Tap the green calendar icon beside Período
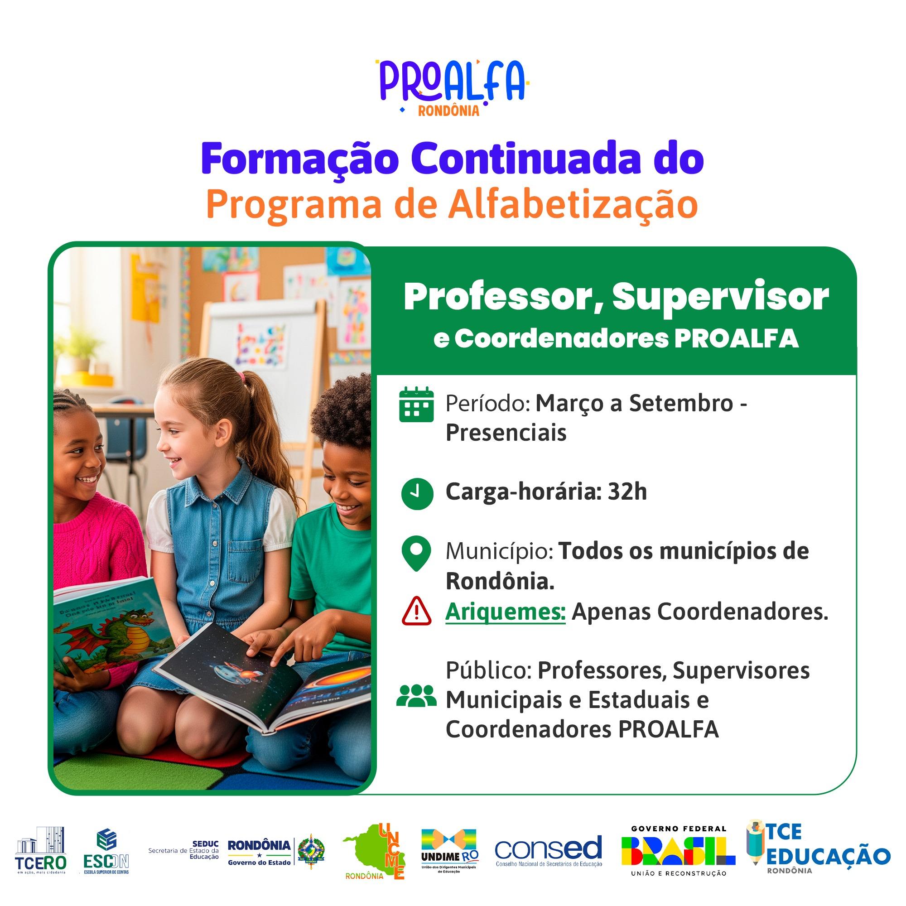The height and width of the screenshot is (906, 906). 416,404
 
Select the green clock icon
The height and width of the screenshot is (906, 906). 417,494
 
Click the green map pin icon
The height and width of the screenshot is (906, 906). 416,554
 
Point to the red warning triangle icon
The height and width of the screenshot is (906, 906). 416,612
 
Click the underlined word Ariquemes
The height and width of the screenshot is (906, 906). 505,611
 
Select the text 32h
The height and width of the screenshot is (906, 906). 627,492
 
